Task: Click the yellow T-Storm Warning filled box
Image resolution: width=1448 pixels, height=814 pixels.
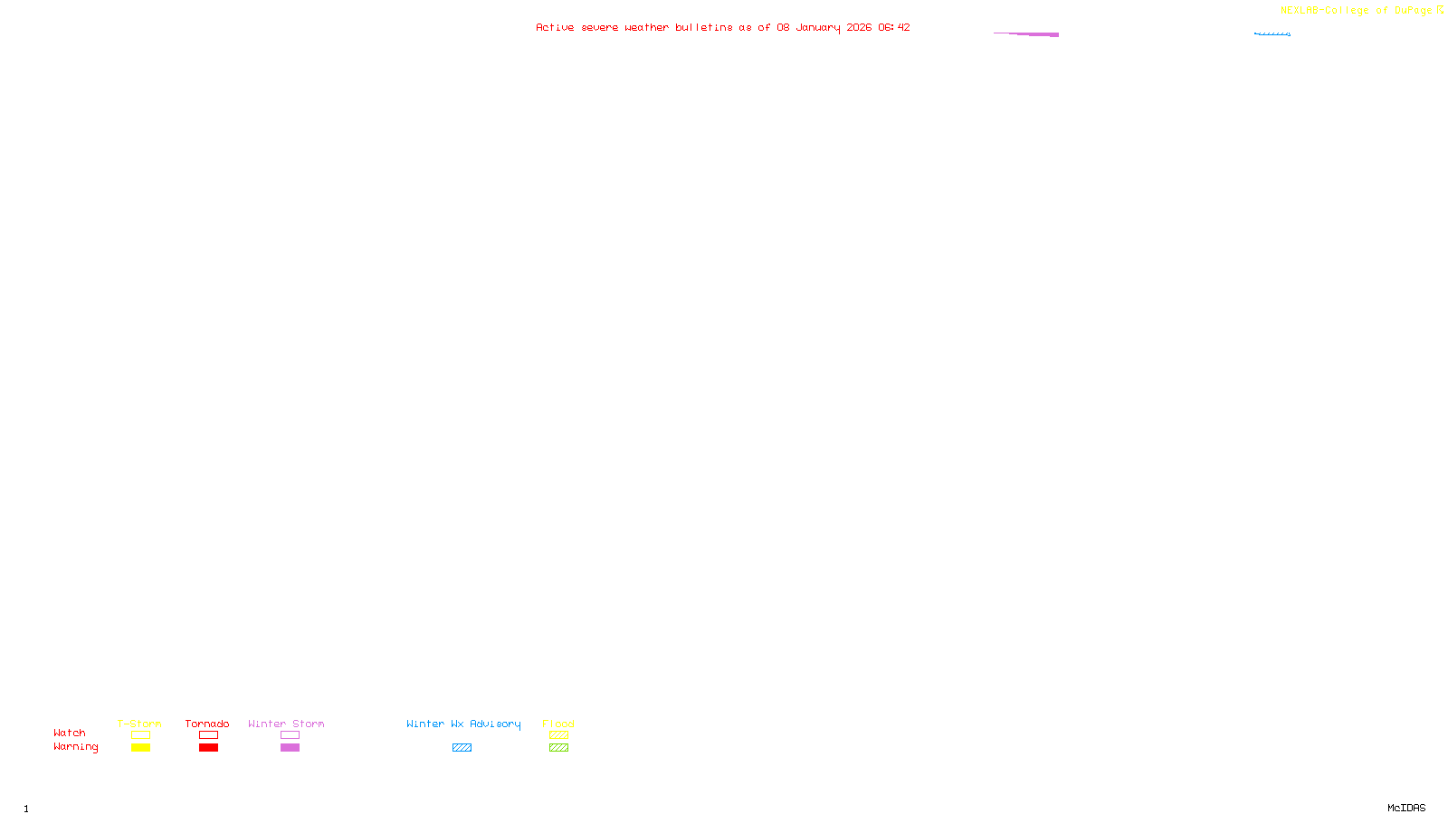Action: pyautogui.click(x=140, y=748)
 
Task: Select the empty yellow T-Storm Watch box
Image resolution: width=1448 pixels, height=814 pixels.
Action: pyautogui.click(x=140, y=735)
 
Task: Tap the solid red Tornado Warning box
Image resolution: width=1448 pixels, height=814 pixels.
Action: pyautogui.click(x=208, y=748)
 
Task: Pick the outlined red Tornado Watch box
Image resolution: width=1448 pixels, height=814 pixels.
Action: pyautogui.click(x=208, y=735)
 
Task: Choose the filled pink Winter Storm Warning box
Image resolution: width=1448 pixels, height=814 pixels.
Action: pyautogui.click(x=290, y=748)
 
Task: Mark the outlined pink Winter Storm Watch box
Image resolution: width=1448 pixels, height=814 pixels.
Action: pyautogui.click(x=290, y=735)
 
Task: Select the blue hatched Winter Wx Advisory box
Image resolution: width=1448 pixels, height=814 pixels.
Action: pyautogui.click(x=462, y=748)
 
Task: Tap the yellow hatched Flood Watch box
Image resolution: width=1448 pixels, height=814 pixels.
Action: pyautogui.click(x=558, y=735)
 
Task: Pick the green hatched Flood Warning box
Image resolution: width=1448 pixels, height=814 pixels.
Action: pyautogui.click(x=558, y=748)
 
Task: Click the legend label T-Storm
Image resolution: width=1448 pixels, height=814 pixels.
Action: pyautogui.click(x=139, y=724)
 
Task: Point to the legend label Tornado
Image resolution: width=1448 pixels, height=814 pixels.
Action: pyautogui.click(x=207, y=724)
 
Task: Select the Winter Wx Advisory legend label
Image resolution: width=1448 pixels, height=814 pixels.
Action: pyautogui.click(x=463, y=724)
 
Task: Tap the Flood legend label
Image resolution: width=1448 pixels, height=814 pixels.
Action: pyautogui.click(x=558, y=724)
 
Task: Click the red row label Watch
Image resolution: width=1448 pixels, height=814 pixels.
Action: pyautogui.click(x=70, y=733)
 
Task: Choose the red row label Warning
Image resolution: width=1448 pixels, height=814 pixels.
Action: pyautogui.click(x=75, y=747)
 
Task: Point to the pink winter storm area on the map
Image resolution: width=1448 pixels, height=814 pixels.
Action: pyautogui.click(x=1041, y=34)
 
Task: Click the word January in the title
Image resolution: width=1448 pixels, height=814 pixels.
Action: pyautogui.click(x=817, y=27)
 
